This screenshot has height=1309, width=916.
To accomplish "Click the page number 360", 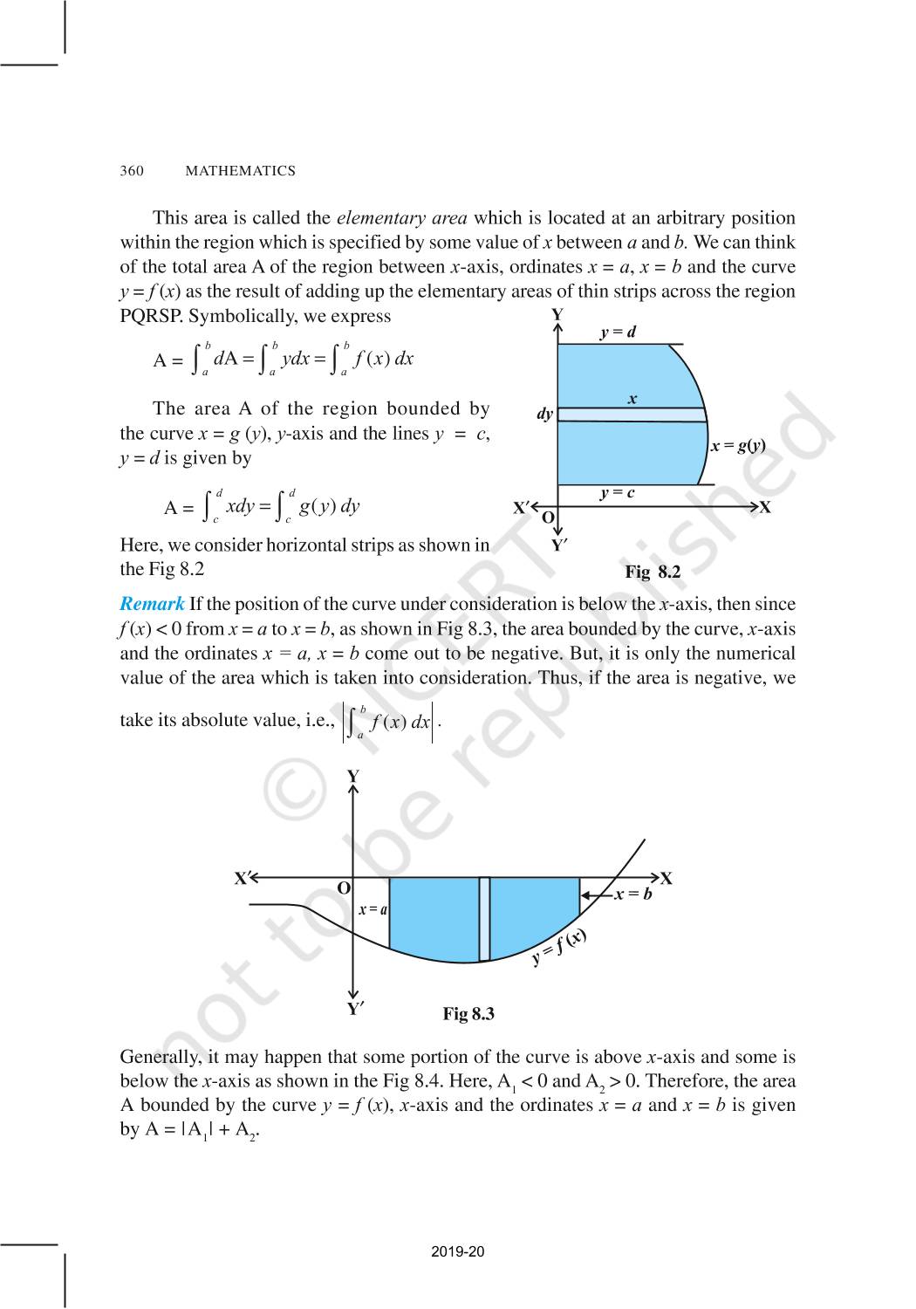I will [x=131, y=171].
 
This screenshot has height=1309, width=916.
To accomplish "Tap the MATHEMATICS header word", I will [x=240, y=171].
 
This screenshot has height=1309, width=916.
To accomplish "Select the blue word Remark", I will [x=152, y=604].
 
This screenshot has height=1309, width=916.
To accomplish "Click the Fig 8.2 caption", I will [x=652, y=572].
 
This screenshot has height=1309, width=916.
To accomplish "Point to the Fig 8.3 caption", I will [x=468, y=1014].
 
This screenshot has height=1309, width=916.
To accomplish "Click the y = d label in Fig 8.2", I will [x=618, y=332].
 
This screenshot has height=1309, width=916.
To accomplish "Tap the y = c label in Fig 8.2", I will [x=617, y=493].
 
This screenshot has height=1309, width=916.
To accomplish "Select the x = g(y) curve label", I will [x=738, y=446].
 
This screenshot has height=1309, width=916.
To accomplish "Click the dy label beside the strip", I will [x=544, y=415].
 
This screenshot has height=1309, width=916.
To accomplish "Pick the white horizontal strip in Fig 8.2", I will [x=630, y=415].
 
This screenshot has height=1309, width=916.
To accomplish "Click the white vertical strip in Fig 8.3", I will [x=484, y=919].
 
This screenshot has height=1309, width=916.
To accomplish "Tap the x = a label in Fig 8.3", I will [x=373, y=909].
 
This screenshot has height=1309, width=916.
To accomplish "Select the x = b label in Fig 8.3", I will [x=633, y=894].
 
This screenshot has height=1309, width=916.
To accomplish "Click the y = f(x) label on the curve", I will [x=558, y=949].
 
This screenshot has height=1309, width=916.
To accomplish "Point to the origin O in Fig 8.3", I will [x=344, y=888].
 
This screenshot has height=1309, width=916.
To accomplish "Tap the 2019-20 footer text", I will [x=457, y=1252].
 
